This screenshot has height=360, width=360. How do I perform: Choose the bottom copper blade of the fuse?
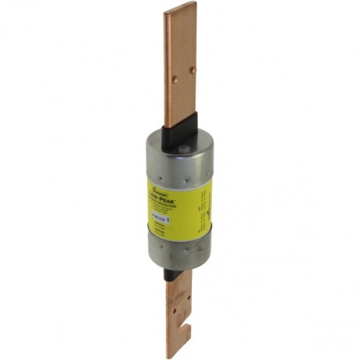(178, 314)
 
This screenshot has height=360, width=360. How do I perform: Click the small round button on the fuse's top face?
(182, 147)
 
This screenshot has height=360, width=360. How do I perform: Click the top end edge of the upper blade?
(180, 6)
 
